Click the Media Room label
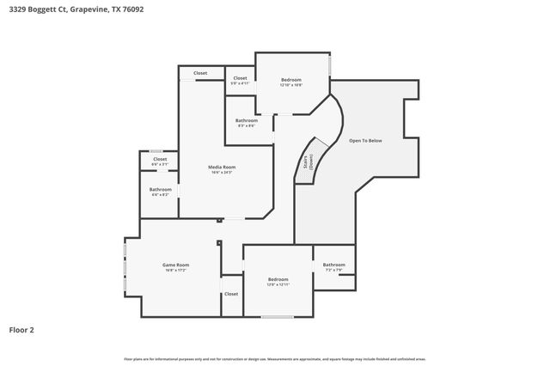(x=223, y=167)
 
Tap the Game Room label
(x=176, y=265)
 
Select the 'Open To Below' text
(x=365, y=140)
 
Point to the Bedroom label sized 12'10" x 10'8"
(x=291, y=80)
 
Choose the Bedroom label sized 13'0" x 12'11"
(x=278, y=279)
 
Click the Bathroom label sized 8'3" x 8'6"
(x=246, y=120)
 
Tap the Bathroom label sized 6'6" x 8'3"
(x=161, y=189)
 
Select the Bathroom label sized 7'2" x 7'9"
(x=334, y=265)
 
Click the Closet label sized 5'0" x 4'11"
(x=241, y=78)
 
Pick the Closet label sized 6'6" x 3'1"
(x=160, y=159)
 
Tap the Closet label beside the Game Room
(x=231, y=294)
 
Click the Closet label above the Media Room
(x=200, y=73)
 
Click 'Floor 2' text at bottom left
(x=21, y=329)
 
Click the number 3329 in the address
(x=17, y=9)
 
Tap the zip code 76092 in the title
(x=134, y=9)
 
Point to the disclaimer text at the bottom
(x=275, y=359)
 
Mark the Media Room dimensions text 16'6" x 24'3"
(x=223, y=173)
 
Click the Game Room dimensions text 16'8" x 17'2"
(x=176, y=271)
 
